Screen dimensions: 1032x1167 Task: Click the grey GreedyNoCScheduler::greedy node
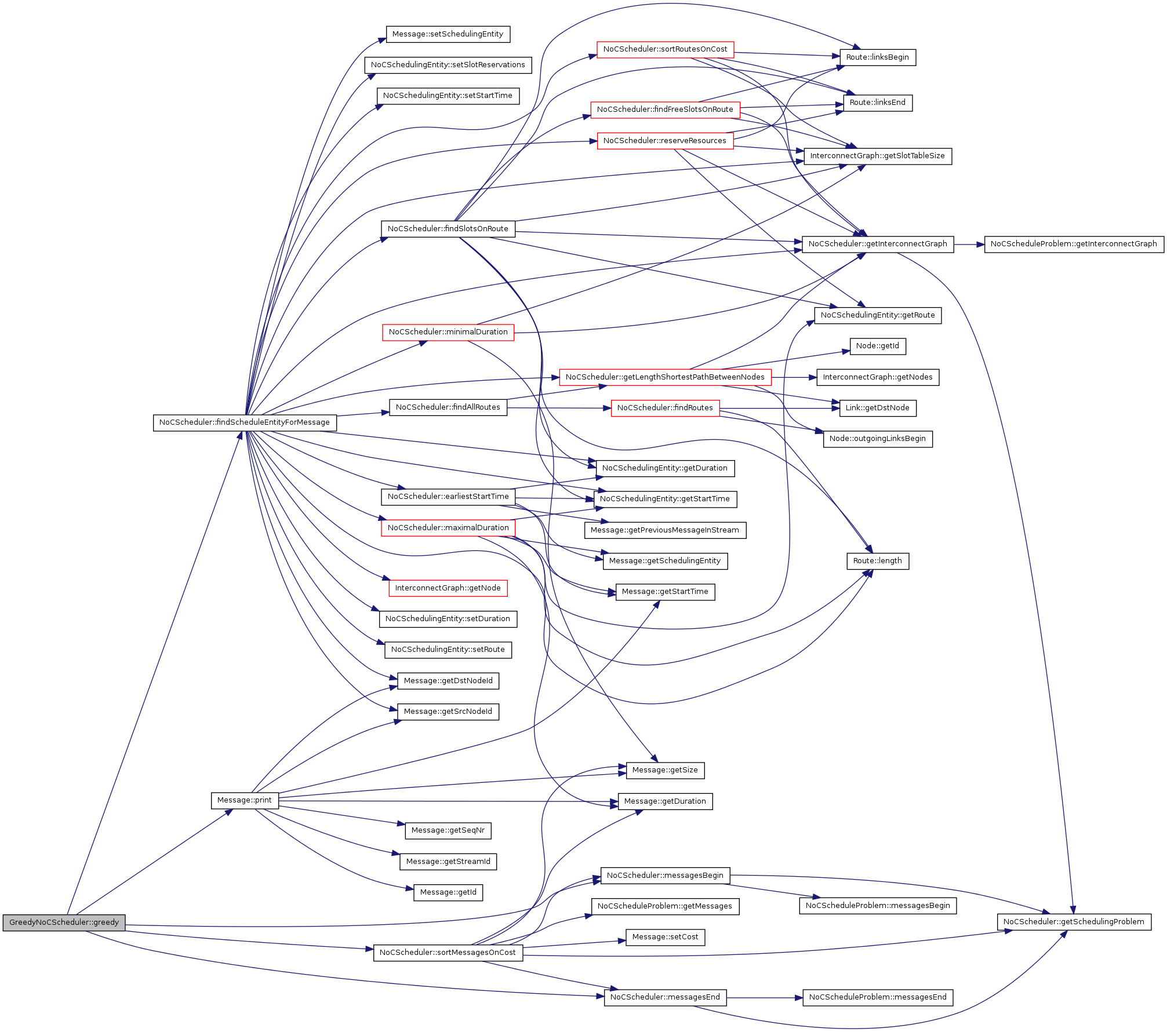64,922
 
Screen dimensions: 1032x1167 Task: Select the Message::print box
244,800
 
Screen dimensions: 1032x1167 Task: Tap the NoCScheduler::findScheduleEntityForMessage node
244,422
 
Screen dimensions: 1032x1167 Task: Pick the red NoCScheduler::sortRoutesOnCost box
665,49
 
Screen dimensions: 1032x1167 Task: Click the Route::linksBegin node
877,57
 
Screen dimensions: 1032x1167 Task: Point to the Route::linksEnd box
877,103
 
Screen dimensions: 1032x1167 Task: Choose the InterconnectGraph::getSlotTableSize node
877,156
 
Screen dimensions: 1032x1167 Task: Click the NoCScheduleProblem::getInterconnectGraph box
1073,244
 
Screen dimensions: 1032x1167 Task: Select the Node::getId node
877,346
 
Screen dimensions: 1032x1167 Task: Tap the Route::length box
877,561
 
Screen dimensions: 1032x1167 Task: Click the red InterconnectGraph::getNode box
448,588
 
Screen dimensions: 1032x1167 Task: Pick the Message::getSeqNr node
448,830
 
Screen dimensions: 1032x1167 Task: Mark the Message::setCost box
665,937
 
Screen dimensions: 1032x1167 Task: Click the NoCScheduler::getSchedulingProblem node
1073,922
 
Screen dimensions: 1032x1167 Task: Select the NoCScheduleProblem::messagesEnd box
877,997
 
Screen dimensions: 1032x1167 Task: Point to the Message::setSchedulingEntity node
448,34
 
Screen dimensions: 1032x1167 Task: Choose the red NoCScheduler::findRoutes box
665,408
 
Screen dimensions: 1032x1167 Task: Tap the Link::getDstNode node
877,408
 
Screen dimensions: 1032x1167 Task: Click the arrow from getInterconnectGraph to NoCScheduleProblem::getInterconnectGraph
969,245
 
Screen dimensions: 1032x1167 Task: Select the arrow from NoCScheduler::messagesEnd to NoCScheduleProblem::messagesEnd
764,998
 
